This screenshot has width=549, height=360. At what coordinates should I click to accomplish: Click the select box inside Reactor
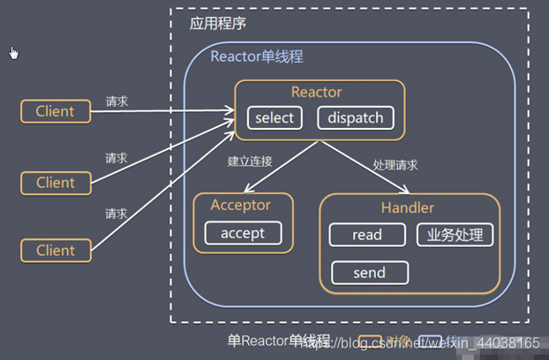pos(274,118)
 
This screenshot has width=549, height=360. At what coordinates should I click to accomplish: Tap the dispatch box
pos(355,118)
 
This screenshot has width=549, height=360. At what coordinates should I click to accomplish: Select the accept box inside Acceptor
pos(243,233)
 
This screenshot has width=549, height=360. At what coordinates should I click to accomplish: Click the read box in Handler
pos(366,235)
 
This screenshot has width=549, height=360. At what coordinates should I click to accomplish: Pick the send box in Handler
pos(369,273)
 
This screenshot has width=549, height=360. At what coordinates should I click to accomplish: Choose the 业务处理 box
pos(455,235)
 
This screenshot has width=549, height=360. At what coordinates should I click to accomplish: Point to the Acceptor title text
pos(240,206)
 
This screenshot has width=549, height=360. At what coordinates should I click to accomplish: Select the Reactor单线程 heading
pos(256,56)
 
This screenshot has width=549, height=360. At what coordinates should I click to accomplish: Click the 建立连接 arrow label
pos(250,161)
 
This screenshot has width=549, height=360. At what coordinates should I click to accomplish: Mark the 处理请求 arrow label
pos(395,165)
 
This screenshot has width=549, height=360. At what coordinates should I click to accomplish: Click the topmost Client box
pos(55,112)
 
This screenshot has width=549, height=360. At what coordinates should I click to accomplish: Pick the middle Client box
pos(55,183)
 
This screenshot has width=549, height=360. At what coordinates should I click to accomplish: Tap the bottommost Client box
pos(55,251)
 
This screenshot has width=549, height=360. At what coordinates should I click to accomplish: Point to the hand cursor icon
pos(13,54)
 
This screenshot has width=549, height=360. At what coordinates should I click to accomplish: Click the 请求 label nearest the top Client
pos(117,101)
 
